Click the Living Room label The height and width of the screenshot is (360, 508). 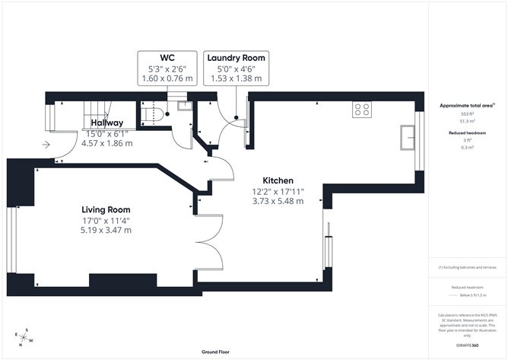click(x=106, y=209)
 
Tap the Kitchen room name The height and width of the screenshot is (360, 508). click(x=278, y=181)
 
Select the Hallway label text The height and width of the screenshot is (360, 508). click(x=107, y=123)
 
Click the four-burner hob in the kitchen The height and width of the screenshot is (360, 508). click(x=361, y=109)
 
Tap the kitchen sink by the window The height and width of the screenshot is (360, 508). click(x=403, y=139)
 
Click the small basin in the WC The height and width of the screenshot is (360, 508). click(x=183, y=107)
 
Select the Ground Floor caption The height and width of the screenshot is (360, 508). click(x=217, y=352)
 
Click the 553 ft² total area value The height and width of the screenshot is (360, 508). click(x=467, y=113)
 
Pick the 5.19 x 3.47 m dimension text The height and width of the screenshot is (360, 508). click(x=106, y=229)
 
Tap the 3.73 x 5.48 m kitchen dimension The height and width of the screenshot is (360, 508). click(x=278, y=202)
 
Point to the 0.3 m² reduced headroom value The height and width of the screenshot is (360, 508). click(x=467, y=148)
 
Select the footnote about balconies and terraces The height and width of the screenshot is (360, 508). click(x=467, y=268)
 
